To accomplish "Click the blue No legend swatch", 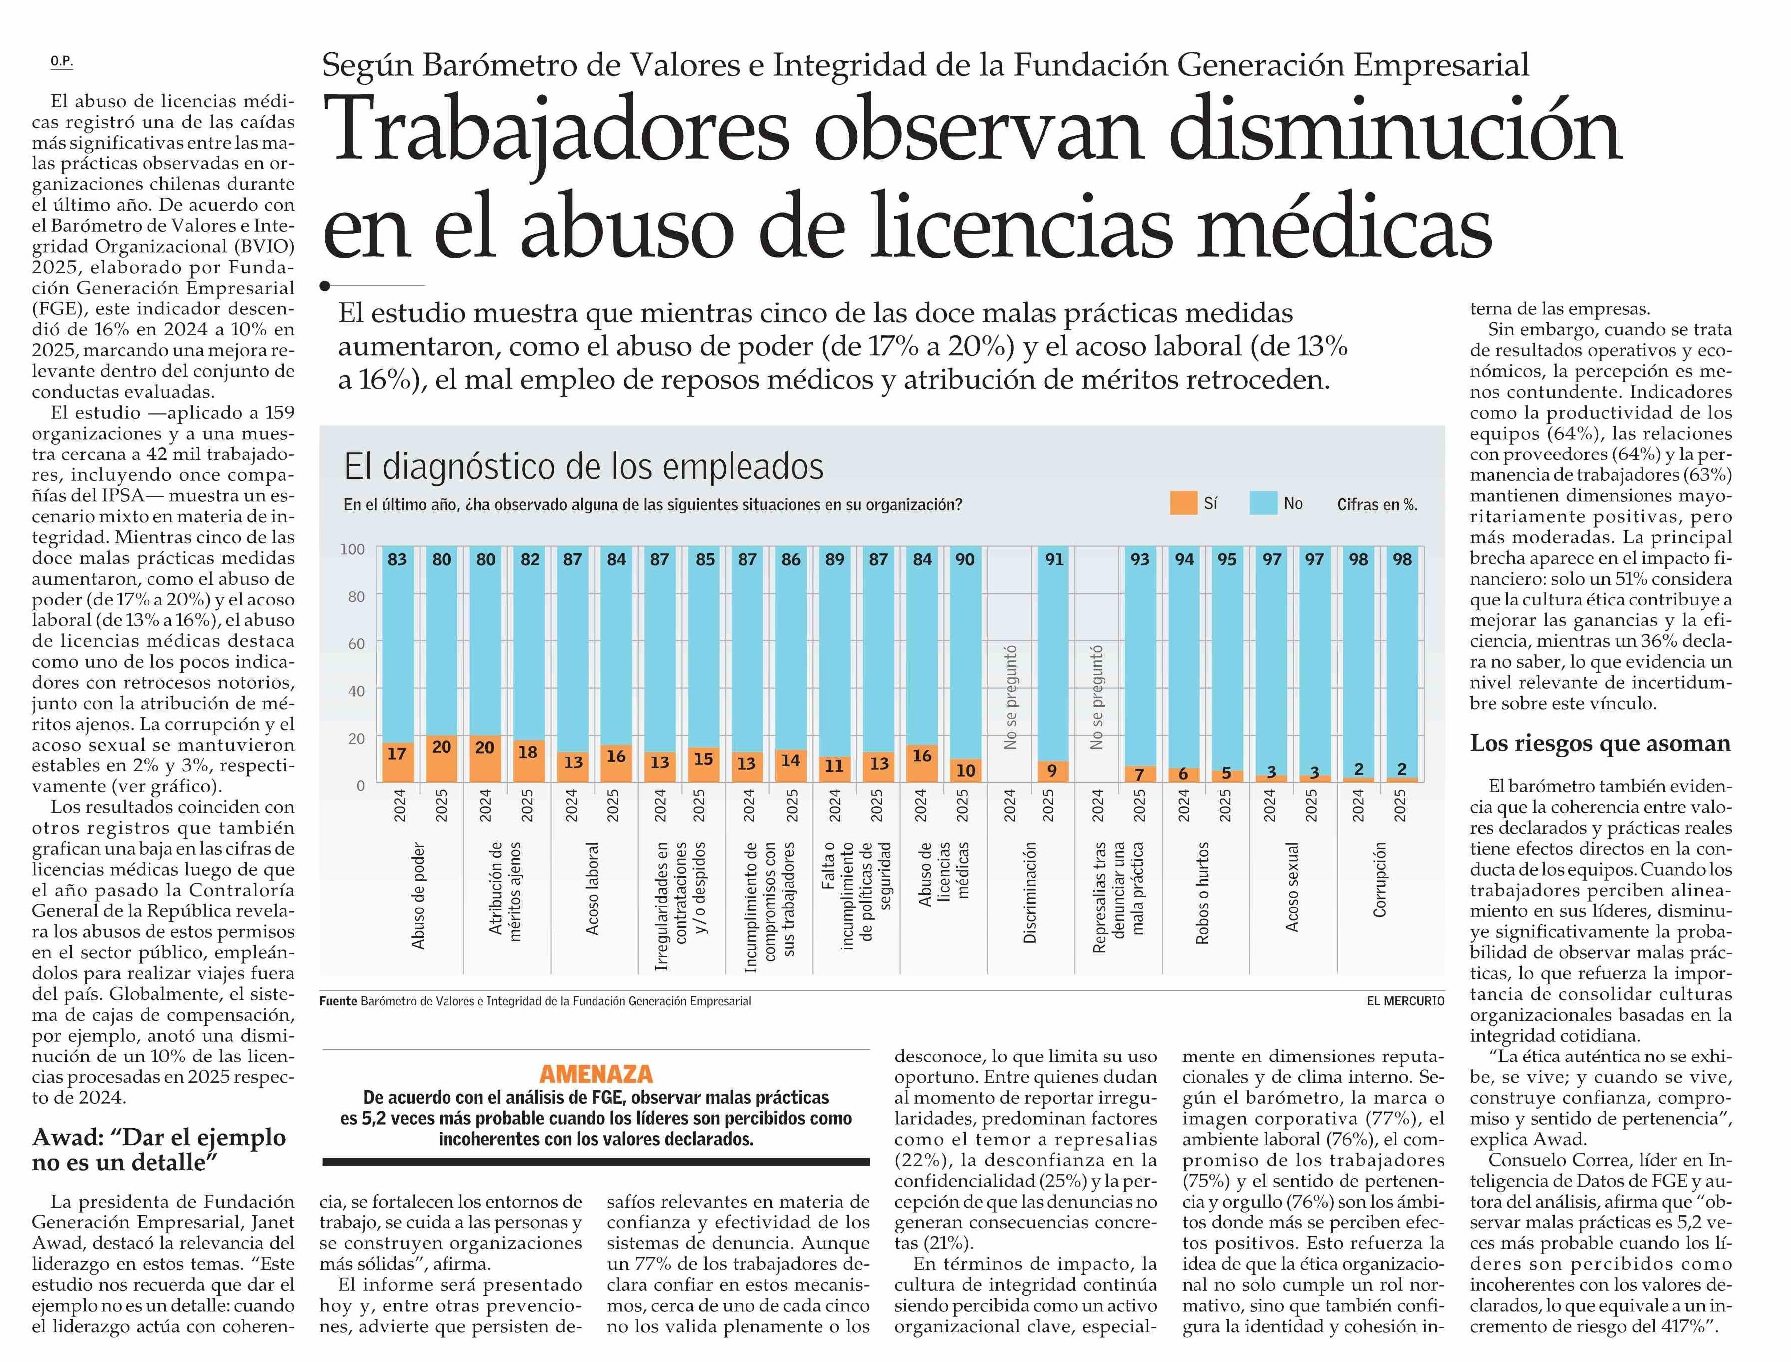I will point(1263,503).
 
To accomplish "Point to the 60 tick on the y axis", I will point(355,644).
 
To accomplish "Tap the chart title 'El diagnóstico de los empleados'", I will point(584,467).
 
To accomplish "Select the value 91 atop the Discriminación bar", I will point(1054,559).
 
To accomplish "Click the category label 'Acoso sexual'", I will point(1292,887).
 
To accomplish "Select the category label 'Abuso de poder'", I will point(419,895).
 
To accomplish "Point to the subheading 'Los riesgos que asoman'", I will point(1600,744).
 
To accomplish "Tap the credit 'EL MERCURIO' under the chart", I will point(1405,1001).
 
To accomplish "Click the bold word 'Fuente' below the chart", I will point(338,1001).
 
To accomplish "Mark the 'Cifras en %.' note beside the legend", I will point(1377,504).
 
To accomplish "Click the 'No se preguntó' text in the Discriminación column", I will point(1010,697).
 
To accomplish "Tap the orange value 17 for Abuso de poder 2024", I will point(397,754).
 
